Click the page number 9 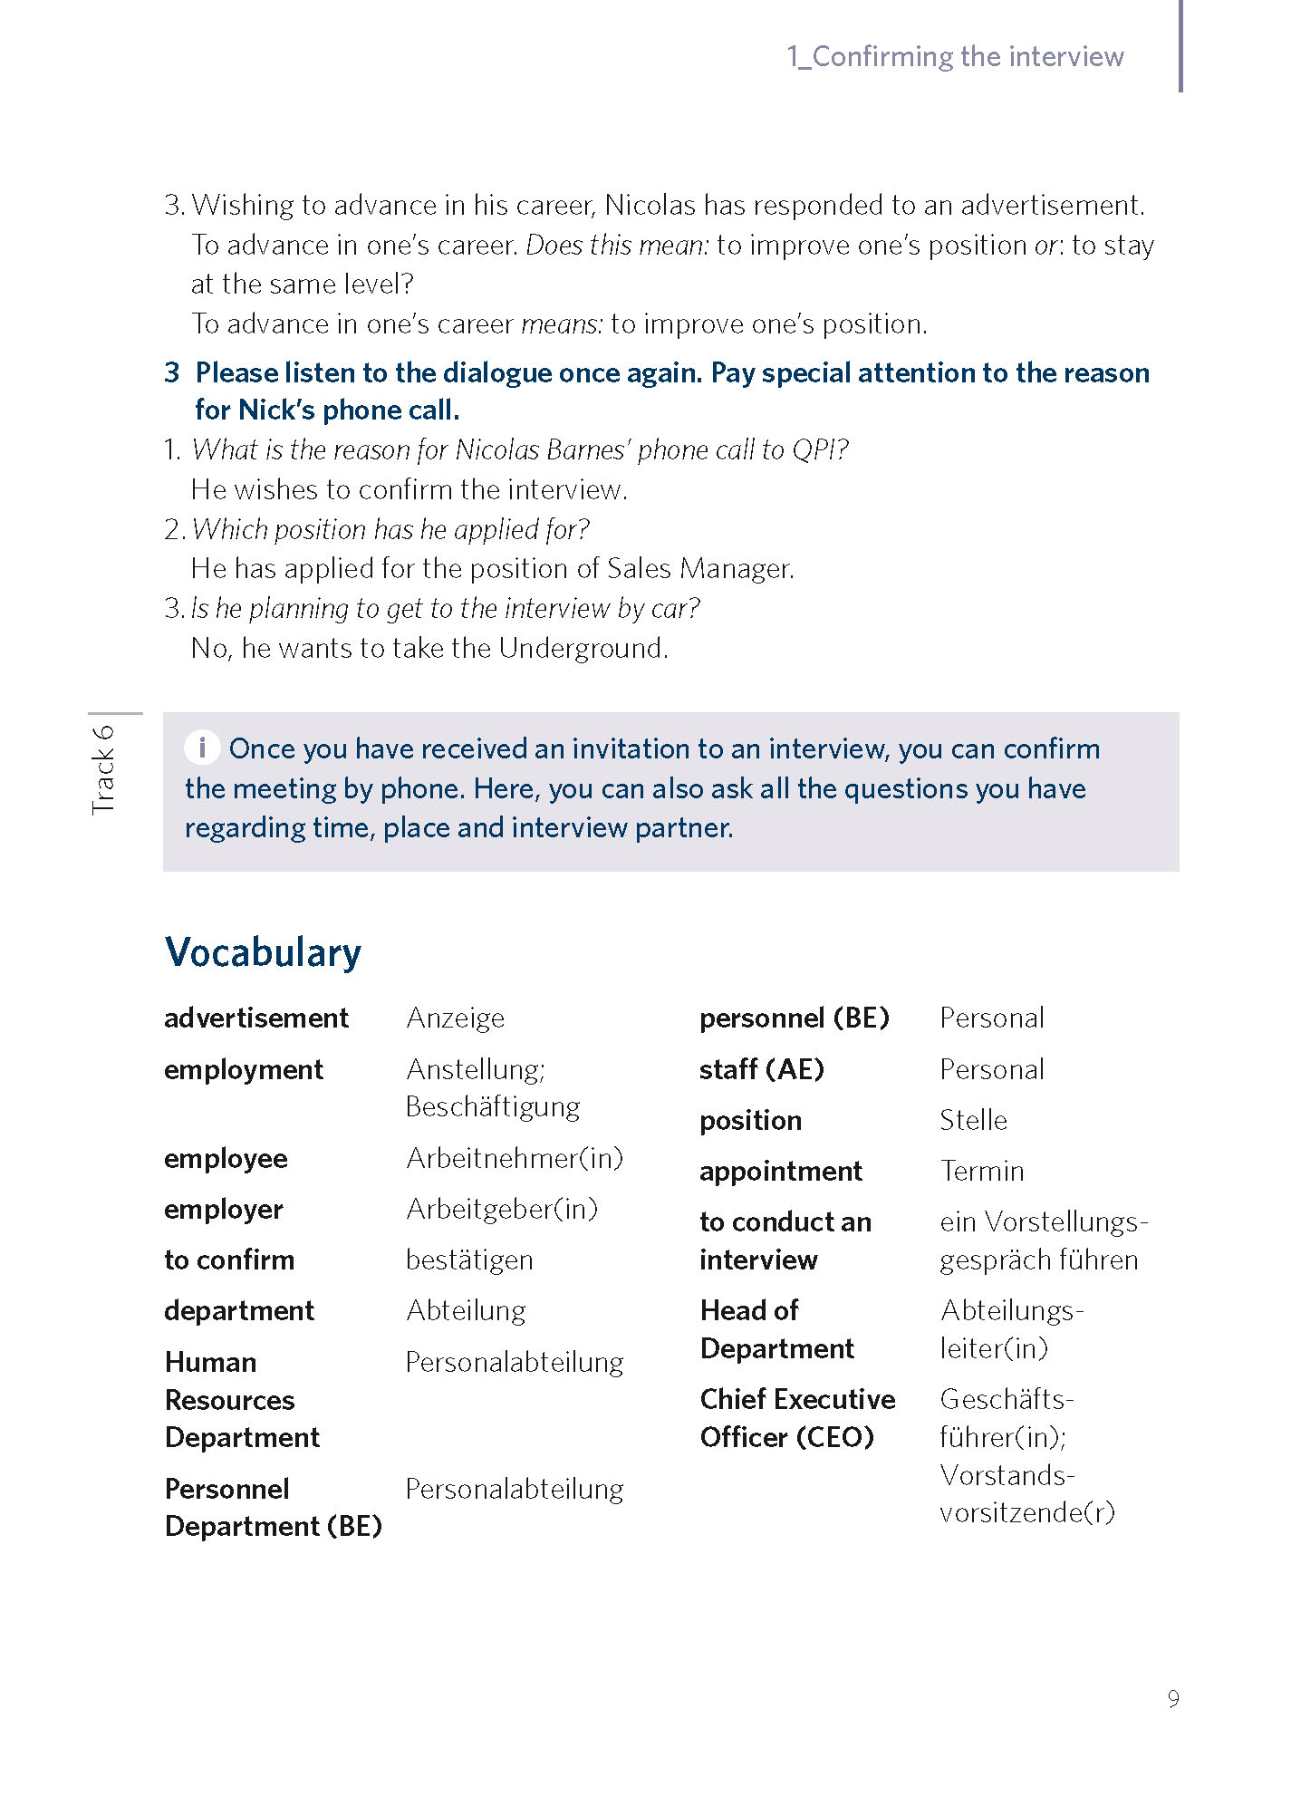click(x=1173, y=1699)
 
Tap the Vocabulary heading click(x=263, y=953)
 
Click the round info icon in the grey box click(x=202, y=748)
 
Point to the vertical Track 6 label click(x=103, y=769)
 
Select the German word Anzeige click(x=455, y=1018)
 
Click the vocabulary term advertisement click(x=255, y=1018)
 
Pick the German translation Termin click(x=982, y=1172)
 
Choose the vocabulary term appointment click(x=780, y=1172)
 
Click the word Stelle click(x=973, y=1121)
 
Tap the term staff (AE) click(x=761, y=1070)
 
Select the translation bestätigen click(x=469, y=1260)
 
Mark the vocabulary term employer click(x=224, y=1210)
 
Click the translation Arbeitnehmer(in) click(x=515, y=1159)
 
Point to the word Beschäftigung click(x=493, y=1107)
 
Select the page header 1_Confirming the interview click(x=955, y=57)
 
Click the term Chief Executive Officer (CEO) click(x=796, y=1418)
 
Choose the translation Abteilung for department click(x=466, y=1311)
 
